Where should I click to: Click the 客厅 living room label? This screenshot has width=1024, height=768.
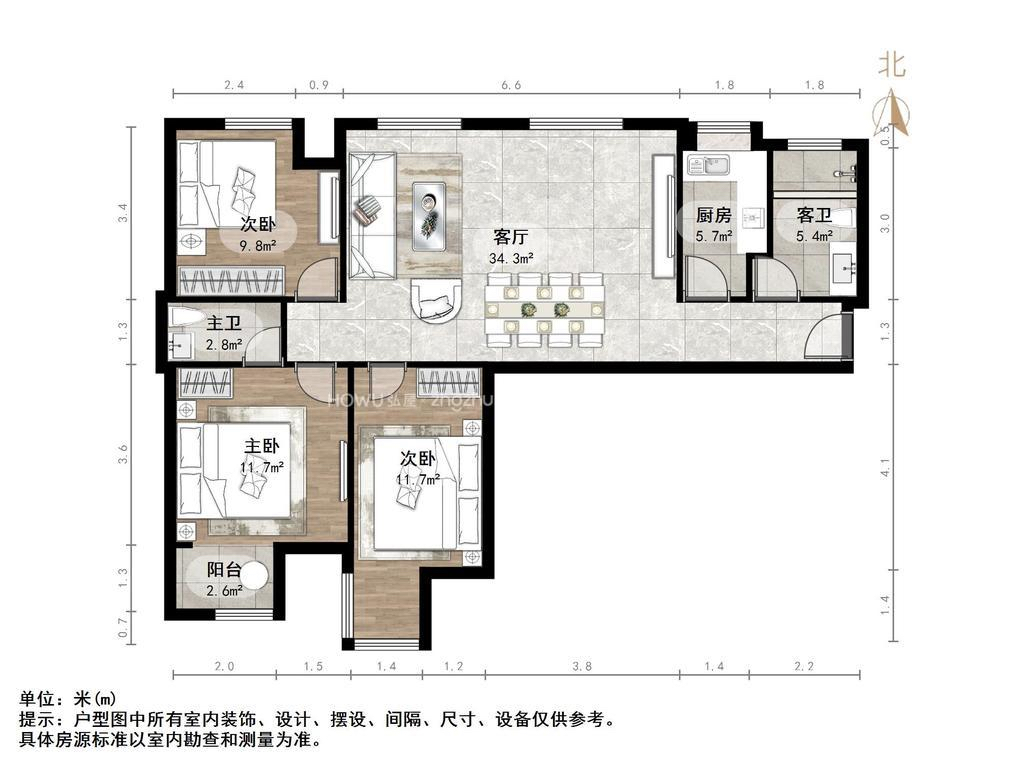coord(510,238)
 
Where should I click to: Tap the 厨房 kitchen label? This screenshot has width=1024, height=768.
coord(713,215)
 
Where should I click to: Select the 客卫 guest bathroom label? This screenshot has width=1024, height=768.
coord(814,215)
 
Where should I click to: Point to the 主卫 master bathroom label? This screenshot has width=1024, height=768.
coord(223,324)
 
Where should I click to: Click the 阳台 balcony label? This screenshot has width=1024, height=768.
coord(223,570)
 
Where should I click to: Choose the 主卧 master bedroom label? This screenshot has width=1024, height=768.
coord(262,446)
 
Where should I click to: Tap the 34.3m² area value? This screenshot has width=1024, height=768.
coord(510,258)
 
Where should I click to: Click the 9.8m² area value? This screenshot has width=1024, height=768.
coord(258,244)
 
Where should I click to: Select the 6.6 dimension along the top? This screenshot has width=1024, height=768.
coord(511,86)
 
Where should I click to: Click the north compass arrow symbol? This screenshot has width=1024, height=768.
coord(892,112)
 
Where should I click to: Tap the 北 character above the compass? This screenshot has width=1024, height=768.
coord(892,66)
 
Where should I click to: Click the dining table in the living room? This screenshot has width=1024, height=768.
coord(545,309)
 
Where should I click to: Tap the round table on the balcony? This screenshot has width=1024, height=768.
coord(255,577)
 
